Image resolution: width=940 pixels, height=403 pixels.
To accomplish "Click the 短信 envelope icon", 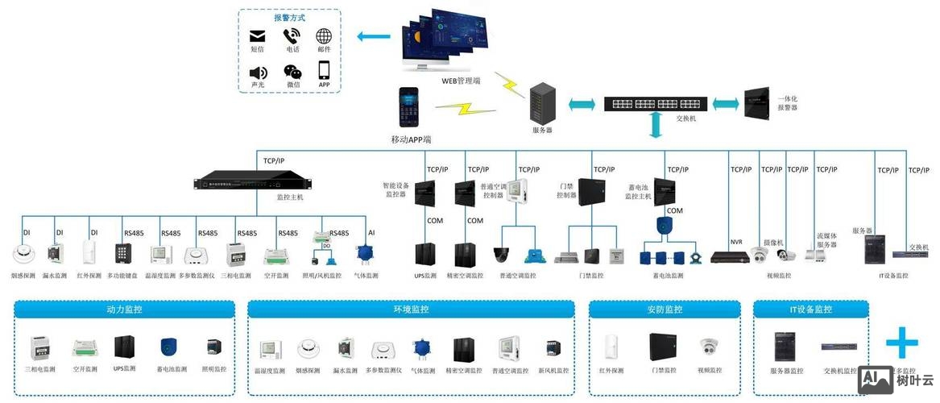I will [x=258, y=36].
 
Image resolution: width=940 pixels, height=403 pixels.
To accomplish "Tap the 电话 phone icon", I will [x=292, y=36].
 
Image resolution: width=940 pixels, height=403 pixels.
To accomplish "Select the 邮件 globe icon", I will [x=324, y=36].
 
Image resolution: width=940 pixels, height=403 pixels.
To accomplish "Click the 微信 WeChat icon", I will [x=292, y=72].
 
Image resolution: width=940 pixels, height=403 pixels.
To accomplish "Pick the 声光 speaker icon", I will [x=258, y=72].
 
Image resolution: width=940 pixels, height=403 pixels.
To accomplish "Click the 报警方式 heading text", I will [x=290, y=17].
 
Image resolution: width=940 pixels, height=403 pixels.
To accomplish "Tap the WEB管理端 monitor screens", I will [x=445, y=40].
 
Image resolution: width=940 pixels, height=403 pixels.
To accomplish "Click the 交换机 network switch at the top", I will [x=656, y=103].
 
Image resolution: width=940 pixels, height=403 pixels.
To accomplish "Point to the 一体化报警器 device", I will [x=759, y=103].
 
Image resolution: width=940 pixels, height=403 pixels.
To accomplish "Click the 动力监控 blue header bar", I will [x=125, y=309].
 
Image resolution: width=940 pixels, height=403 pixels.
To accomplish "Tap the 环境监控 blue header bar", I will [x=411, y=309].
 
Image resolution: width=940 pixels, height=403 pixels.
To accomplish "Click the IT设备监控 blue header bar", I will [x=810, y=309].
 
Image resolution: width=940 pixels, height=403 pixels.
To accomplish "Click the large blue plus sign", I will [x=901, y=343].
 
